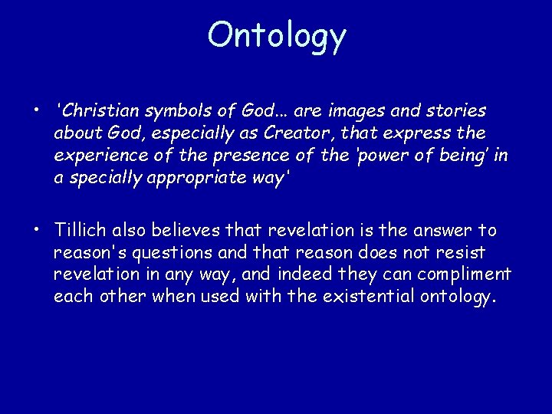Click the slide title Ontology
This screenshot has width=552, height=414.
point(277,34)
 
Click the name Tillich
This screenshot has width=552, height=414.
point(80,231)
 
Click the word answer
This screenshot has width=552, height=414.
point(453,231)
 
